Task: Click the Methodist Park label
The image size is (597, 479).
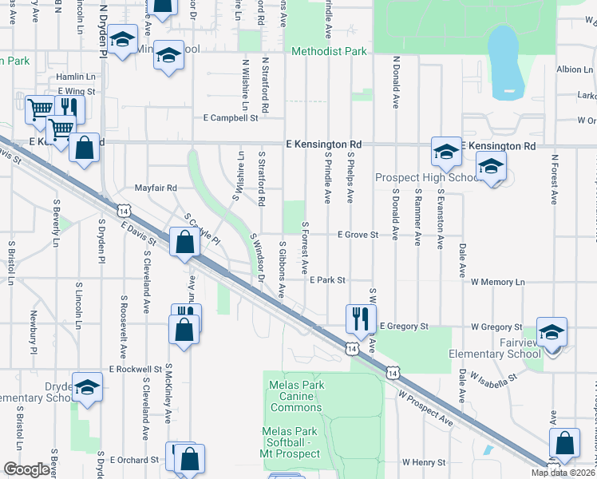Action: (329, 52)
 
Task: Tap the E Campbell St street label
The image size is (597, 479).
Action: (231, 117)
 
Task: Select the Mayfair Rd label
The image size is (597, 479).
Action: (155, 188)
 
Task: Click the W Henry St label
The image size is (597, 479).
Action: (423, 462)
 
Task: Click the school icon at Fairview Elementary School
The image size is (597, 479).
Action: (552, 331)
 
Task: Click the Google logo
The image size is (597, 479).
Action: (26, 469)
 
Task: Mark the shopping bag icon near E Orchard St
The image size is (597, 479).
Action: (190, 459)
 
